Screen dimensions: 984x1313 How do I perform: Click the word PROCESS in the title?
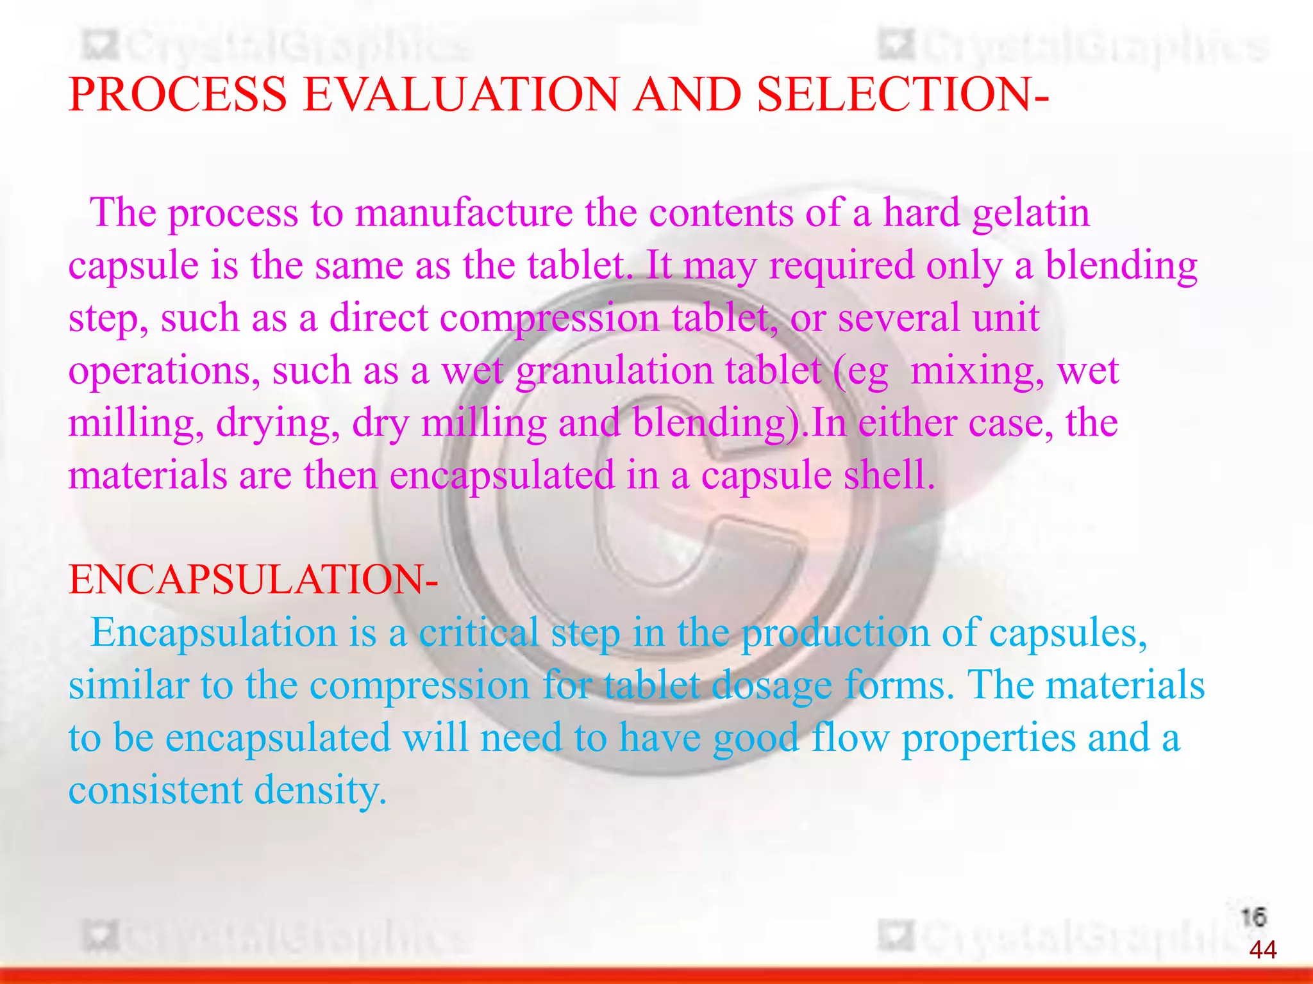pos(177,95)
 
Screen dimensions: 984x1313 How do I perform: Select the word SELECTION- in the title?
pos(902,95)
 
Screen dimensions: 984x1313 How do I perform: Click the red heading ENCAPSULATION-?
pos(253,580)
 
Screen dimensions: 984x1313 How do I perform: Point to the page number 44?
pos(1262,949)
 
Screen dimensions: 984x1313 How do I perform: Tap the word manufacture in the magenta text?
pos(464,213)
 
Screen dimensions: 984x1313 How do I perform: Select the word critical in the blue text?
pos(479,633)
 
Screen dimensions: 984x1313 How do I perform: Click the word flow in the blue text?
pos(850,737)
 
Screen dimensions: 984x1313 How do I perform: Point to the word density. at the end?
pos(321,791)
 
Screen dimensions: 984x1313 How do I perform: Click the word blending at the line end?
pos(1121,265)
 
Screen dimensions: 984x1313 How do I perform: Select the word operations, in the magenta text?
pos(164,372)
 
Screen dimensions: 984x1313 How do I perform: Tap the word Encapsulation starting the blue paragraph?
pos(213,633)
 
